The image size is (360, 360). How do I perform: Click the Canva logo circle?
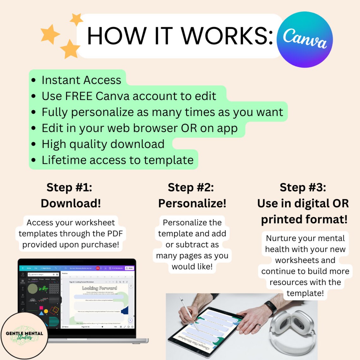[x=304, y=39]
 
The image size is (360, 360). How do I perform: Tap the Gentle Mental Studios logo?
[x=24, y=335]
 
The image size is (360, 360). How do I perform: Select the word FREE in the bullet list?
[x=79, y=96]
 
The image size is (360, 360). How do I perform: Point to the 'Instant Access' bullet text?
[x=81, y=80]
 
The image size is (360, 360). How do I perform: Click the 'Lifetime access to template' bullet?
[x=117, y=160]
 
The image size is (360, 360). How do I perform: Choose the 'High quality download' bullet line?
[x=103, y=144]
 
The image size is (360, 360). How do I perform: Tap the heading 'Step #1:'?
[x=69, y=187]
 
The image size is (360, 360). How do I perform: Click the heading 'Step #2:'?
[x=191, y=187]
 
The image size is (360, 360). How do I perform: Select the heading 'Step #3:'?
[x=303, y=187]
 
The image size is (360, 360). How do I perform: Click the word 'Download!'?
[x=71, y=203]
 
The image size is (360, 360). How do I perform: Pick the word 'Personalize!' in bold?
[x=192, y=203]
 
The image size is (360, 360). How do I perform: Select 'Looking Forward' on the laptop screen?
[x=99, y=288]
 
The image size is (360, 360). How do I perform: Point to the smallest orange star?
[x=76, y=20]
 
